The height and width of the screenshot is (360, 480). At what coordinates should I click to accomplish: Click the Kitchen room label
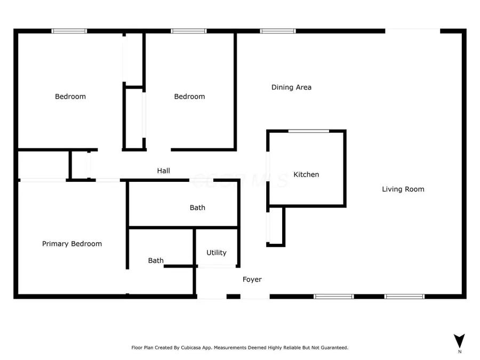[306, 174]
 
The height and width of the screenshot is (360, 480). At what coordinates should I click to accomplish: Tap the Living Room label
[403, 189]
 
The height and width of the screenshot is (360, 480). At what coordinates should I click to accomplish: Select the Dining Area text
[291, 87]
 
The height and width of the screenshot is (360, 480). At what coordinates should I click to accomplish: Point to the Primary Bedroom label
[72, 244]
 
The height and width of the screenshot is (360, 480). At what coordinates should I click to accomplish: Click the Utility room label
[216, 253]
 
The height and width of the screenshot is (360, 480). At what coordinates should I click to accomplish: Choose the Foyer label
[252, 279]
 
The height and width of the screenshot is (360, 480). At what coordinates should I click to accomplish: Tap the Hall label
[163, 171]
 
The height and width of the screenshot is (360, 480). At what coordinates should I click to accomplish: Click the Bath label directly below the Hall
[197, 207]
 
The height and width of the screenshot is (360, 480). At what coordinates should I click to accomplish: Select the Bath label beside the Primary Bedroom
[156, 261]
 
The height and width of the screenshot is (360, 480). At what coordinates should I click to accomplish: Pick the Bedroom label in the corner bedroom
[70, 97]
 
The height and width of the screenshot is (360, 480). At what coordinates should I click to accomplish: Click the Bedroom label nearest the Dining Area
[189, 97]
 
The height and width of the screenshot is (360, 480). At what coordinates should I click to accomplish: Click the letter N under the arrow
[459, 352]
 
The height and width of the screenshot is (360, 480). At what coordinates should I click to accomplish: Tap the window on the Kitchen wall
[308, 131]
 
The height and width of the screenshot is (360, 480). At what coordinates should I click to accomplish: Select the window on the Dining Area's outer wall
[277, 31]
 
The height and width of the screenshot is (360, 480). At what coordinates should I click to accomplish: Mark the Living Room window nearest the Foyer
[333, 297]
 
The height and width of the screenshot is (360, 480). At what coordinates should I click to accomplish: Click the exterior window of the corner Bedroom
[69, 31]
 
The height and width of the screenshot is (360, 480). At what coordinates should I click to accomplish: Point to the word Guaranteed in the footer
[332, 348]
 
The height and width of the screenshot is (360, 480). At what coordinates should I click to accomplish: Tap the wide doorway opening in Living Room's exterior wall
[412, 31]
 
